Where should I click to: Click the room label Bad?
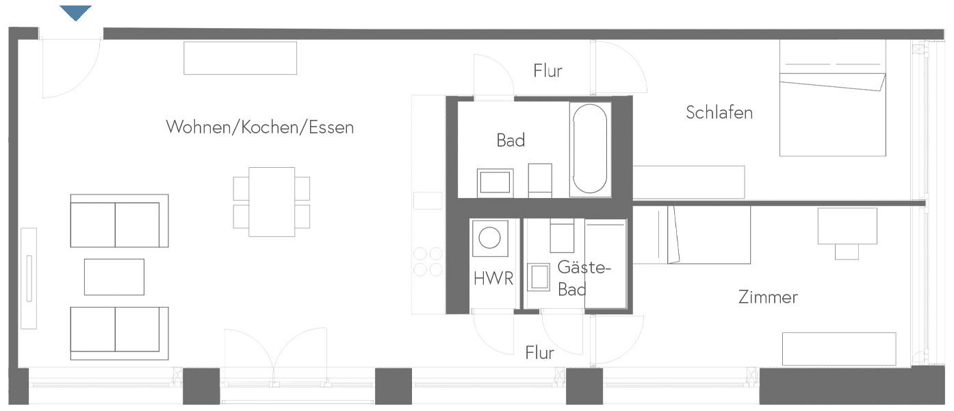511,140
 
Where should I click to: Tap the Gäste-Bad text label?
582,278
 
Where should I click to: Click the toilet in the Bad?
540,179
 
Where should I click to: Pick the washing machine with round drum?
490,238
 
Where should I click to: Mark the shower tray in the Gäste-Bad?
606,264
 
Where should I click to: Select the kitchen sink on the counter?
429,201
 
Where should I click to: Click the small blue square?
75,12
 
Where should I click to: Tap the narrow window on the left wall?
28,277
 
